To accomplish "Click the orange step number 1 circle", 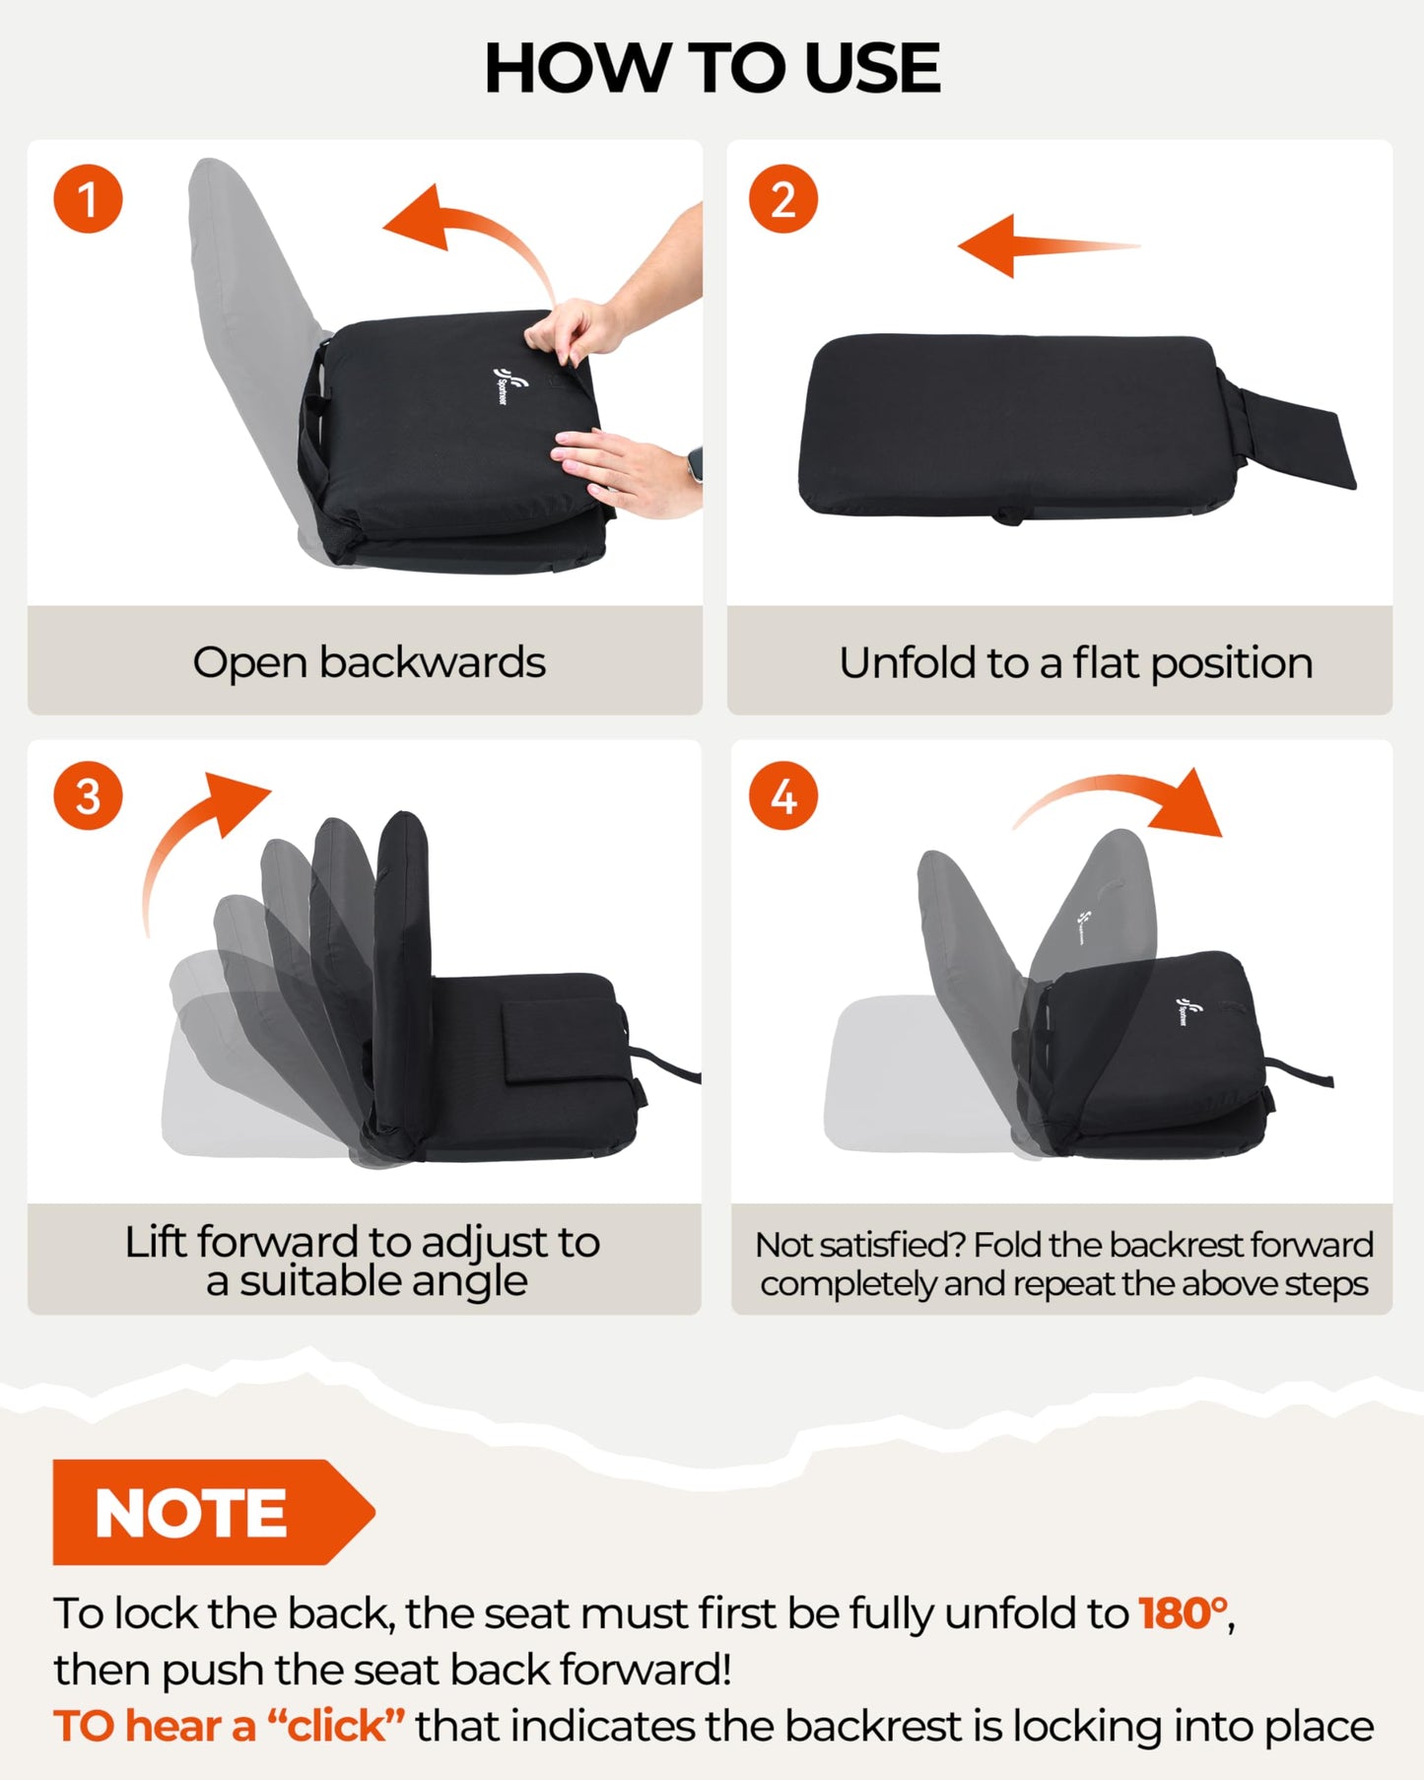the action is pyautogui.click(x=89, y=199).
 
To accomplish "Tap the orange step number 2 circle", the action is pyautogui.click(x=783, y=199).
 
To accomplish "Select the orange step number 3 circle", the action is pyautogui.click(x=89, y=796).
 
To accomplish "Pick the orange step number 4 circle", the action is pyautogui.click(x=783, y=796).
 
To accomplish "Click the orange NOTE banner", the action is pyautogui.click(x=213, y=1512).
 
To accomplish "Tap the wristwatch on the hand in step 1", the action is pyautogui.click(x=695, y=463).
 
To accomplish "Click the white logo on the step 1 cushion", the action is pyautogui.click(x=501, y=385).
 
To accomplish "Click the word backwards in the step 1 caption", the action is pyautogui.click(x=432, y=662).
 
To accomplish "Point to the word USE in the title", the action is pyautogui.click(x=871, y=69).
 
